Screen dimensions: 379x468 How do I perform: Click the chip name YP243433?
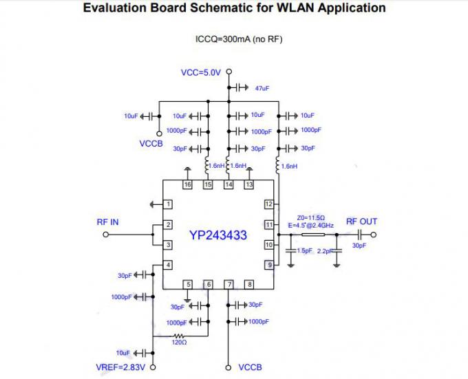click(217, 235)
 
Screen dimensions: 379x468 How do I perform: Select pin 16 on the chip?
click(187, 184)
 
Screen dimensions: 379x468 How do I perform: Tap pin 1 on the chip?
click(167, 204)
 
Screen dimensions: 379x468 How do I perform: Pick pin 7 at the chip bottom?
click(229, 284)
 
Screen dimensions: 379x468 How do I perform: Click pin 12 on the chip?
click(269, 204)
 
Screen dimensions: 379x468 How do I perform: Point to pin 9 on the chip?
click(269, 264)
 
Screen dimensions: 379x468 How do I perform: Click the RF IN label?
click(107, 221)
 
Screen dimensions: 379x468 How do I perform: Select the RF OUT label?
click(361, 221)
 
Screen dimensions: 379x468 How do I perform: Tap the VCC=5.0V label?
click(200, 72)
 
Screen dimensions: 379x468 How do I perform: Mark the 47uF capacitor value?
click(262, 89)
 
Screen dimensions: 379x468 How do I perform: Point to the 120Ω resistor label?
click(180, 342)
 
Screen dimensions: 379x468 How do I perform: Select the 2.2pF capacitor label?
click(324, 252)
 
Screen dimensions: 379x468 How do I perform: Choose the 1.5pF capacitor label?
click(304, 251)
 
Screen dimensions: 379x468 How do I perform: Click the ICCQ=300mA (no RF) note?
click(239, 39)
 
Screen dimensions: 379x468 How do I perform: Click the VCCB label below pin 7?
click(250, 368)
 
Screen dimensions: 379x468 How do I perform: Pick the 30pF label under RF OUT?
click(359, 246)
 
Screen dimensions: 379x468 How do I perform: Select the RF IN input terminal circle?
click(105, 235)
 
